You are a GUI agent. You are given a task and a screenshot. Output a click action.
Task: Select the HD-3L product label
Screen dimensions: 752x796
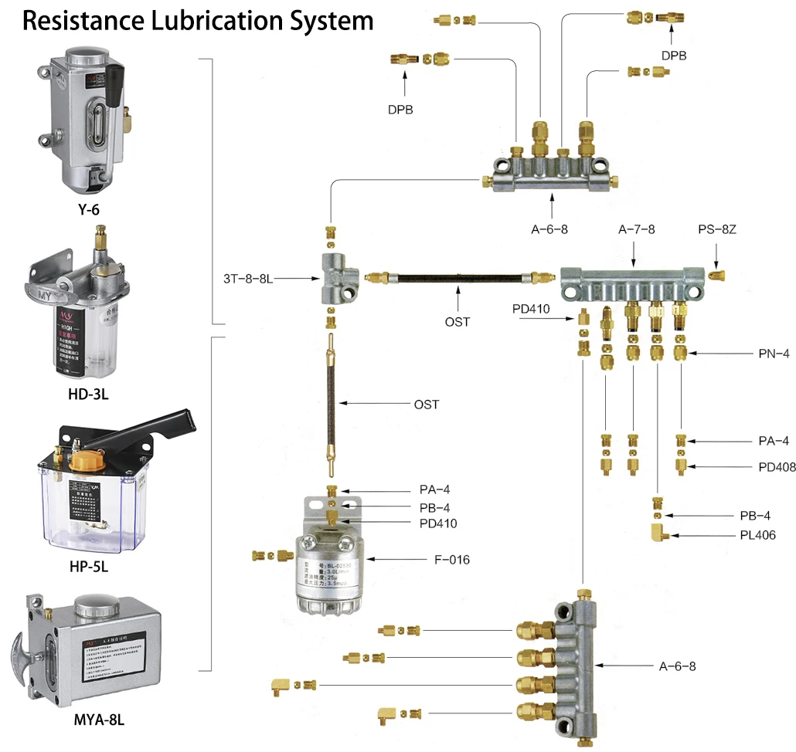(x=87, y=395)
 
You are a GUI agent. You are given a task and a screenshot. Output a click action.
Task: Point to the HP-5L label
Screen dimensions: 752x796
(x=88, y=566)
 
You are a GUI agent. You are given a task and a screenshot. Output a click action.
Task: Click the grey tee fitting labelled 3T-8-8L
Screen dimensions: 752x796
(x=338, y=276)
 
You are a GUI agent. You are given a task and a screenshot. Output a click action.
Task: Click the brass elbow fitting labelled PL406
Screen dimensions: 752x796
(x=658, y=534)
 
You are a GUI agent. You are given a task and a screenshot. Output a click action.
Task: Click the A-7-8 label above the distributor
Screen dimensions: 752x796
(x=636, y=229)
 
